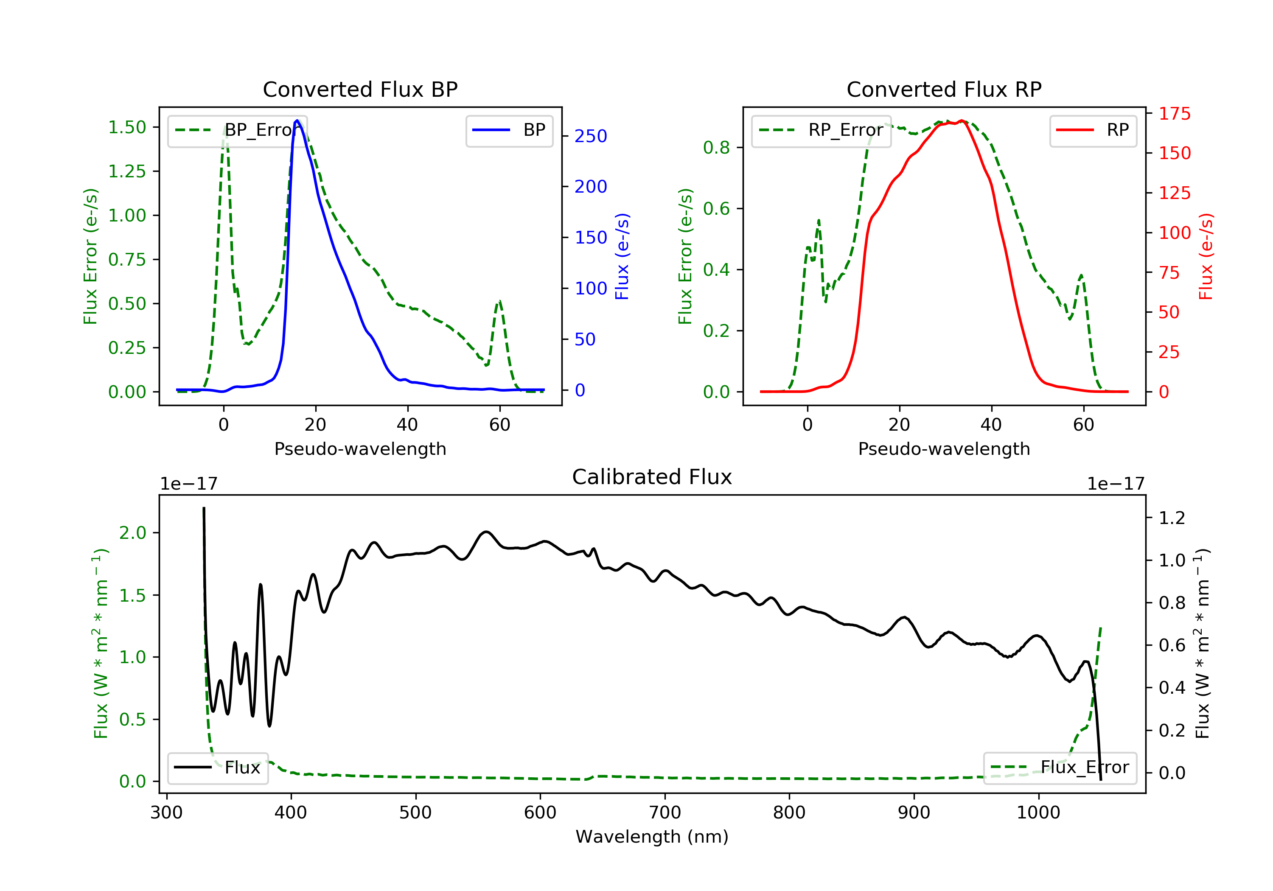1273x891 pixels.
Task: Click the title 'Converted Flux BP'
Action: pyautogui.click(x=360, y=89)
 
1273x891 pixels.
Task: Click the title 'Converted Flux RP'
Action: pyautogui.click(x=944, y=89)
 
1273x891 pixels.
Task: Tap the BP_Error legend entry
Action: pyautogui.click(x=237, y=130)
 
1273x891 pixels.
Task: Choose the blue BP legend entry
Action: pyautogui.click(x=509, y=130)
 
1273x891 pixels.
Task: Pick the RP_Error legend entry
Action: pyautogui.click(x=821, y=130)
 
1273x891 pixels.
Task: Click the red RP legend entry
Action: pyautogui.click(x=1093, y=130)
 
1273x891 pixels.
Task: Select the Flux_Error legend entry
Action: pyautogui.click(x=1060, y=768)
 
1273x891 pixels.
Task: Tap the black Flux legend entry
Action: pyautogui.click(x=218, y=768)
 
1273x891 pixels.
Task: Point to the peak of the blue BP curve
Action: pyautogui.click(x=297, y=120)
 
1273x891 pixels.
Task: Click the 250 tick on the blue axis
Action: pyautogui.click(x=591, y=136)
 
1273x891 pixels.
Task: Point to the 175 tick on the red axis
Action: pyautogui.click(x=1174, y=114)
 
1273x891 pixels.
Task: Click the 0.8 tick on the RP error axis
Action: pyautogui.click(x=716, y=148)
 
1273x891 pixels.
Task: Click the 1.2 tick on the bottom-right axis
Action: pyautogui.click(x=1172, y=518)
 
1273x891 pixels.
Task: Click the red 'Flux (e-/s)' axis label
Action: pyautogui.click(x=1206, y=256)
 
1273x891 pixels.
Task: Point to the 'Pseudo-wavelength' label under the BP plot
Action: pyautogui.click(x=360, y=448)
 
